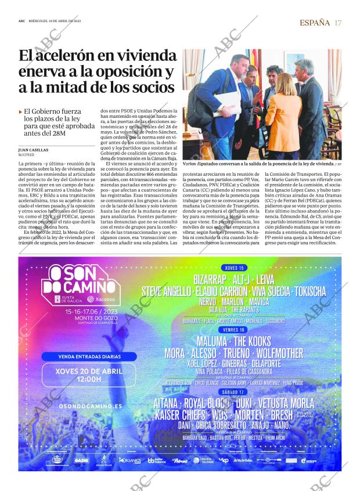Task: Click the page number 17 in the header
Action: [338, 23]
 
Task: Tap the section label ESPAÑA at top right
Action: [314, 23]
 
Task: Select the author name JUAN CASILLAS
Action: [33, 150]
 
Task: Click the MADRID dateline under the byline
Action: [26, 156]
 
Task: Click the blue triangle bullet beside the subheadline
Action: [21, 111]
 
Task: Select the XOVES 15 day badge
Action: [234, 268]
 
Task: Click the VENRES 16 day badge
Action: [233, 330]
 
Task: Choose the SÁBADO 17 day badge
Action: [233, 392]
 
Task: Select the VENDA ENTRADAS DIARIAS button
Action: [89, 356]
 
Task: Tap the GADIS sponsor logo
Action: [81, 460]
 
